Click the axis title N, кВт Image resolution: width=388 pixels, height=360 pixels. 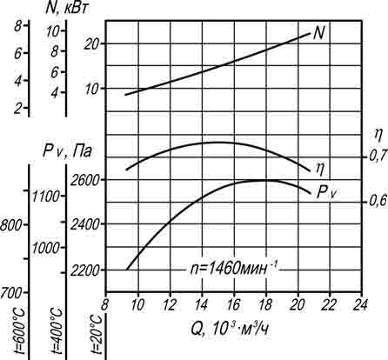click(x=67, y=9)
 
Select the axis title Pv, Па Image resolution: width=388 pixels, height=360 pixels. click(x=67, y=151)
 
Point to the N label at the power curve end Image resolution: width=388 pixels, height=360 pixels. click(x=319, y=33)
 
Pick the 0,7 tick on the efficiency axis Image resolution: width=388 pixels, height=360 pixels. click(x=378, y=157)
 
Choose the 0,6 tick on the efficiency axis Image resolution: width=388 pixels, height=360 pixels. click(x=378, y=201)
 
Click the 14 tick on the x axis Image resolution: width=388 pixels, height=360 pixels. click(x=202, y=304)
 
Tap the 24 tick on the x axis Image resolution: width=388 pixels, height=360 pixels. click(x=361, y=304)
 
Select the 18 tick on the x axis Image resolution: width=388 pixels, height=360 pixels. click(x=265, y=304)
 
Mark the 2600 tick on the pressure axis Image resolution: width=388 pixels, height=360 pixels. click(x=84, y=180)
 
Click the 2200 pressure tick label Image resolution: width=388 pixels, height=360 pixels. click(x=84, y=270)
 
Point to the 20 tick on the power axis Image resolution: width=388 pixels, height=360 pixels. click(x=91, y=44)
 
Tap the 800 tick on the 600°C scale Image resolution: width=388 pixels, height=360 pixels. click(x=10, y=225)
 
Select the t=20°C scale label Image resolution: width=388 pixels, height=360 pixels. click(x=96, y=335)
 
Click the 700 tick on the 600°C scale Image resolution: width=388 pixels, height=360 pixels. click(x=10, y=293)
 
